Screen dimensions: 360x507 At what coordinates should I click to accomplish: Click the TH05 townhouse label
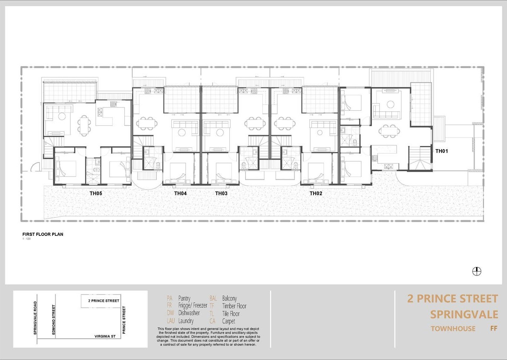(96, 193)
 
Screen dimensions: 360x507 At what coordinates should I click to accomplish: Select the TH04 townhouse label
(180, 193)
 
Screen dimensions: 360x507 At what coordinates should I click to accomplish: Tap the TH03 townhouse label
(221, 193)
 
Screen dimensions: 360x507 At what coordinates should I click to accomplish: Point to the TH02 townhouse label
(316, 193)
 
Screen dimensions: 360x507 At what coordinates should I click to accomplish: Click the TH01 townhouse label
(442, 151)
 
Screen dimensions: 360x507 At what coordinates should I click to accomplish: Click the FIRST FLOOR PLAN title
(43, 235)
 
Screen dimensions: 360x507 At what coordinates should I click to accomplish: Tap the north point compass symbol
(477, 272)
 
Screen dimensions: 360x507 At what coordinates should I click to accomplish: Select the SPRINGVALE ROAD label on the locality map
(35, 318)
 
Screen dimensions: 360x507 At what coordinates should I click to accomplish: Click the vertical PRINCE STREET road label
(124, 320)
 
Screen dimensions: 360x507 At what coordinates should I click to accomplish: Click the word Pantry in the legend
(184, 298)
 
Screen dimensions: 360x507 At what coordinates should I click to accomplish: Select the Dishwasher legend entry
(189, 313)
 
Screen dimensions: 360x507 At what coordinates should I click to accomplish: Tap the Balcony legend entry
(229, 298)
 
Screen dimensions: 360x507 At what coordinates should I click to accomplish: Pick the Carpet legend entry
(228, 321)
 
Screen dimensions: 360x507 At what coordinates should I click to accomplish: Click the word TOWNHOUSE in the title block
(453, 329)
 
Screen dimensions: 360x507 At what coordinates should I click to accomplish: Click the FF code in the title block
(494, 329)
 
